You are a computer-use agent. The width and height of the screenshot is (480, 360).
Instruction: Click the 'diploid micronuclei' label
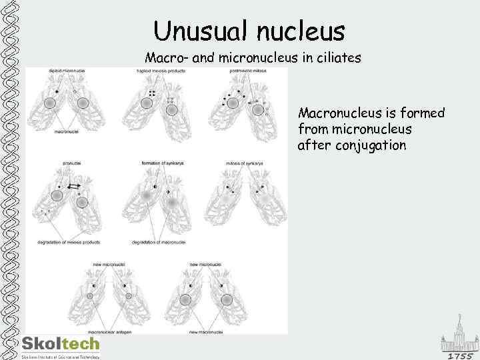click(x=66, y=70)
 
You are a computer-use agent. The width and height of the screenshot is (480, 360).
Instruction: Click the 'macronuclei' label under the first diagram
click(x=67, y=132)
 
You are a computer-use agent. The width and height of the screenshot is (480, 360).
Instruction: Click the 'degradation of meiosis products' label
click(x=69, y=242)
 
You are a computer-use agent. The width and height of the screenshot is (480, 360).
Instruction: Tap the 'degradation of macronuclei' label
click(x=159, y=242)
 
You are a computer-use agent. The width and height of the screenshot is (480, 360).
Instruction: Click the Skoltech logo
click(x=61, y=344)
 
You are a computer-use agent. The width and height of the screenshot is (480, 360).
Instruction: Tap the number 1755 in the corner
click(x=459, y=356)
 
